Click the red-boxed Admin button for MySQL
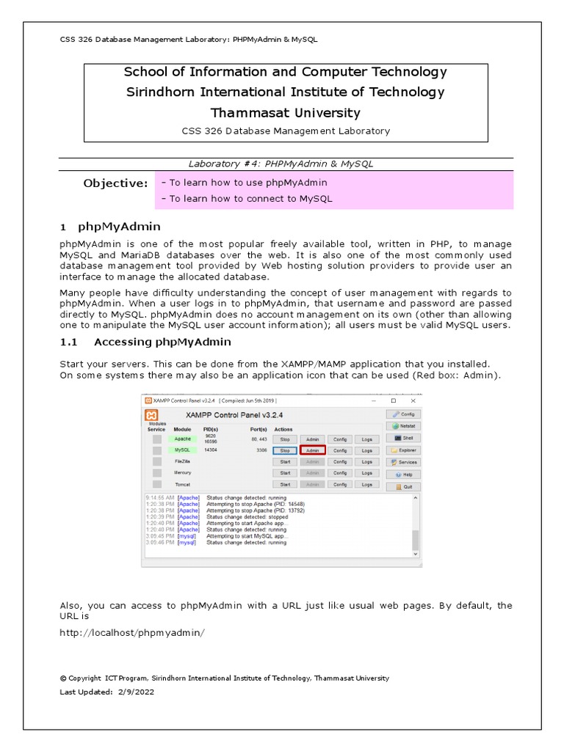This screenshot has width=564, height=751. point(313,450)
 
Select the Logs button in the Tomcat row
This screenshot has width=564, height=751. point(367,484)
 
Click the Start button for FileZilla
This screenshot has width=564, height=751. point(285,462)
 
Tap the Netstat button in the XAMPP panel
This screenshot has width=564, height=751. point(404,425)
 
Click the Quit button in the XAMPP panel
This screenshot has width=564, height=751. point(404,486)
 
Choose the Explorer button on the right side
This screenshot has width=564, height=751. point(404,450)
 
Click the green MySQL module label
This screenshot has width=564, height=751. point(182,450)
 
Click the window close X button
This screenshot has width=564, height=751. point(413,401)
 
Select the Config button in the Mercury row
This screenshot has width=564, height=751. point(339,473)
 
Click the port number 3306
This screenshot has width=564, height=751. point(261,450)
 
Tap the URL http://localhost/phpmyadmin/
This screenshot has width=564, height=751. point(131,632)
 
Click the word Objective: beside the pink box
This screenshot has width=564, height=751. point(115,183)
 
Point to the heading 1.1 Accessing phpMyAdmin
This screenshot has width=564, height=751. point(145,342)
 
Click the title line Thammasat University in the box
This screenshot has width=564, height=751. point(285,113)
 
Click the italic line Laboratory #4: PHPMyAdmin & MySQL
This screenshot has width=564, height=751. point(285,164)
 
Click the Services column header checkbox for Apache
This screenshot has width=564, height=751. point(157,439)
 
